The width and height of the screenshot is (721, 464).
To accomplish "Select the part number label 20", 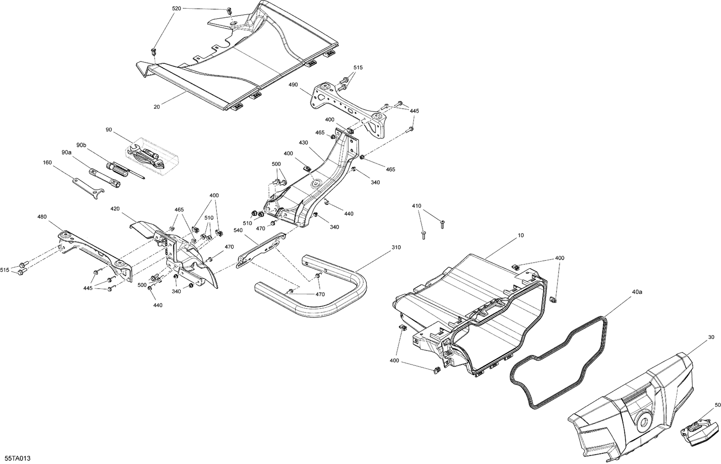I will [157, 107].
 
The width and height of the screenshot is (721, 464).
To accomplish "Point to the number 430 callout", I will [303, 143].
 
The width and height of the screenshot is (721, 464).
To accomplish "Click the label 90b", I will [81, 145].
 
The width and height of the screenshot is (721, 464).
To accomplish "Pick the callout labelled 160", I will [47, 163].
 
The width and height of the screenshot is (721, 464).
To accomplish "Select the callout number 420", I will [115, 209].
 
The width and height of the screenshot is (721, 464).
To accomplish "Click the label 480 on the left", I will [42, 216].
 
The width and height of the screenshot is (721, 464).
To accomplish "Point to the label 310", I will [396, 247].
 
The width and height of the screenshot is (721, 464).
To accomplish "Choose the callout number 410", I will [416, 206].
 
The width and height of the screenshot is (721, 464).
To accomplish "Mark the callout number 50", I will [717, 405].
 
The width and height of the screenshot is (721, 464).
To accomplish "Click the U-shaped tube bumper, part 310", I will [336, 298].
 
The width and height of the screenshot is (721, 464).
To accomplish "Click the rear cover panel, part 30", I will [634, 409].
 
